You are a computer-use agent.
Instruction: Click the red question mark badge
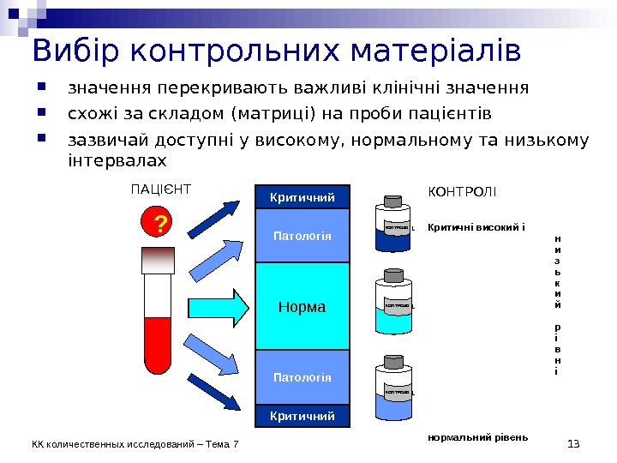tap(158, 225)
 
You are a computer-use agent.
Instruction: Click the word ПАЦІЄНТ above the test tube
tap(160, 189)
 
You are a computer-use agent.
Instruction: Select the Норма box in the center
tap(303, 306)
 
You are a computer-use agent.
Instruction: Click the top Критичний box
tap(303, 198)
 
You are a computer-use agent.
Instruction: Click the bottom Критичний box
tap(303, 416)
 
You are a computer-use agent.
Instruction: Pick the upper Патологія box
tap(303, 236)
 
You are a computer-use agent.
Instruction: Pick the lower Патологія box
tap(303, 377)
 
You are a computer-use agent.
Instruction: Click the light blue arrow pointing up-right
tap(213, 258)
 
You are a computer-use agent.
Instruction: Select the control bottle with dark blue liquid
tap(393, 225)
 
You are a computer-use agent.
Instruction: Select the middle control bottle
tap(393, 304)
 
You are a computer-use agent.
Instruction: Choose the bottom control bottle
tap(393, 390)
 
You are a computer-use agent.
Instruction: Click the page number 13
tap(574, 442)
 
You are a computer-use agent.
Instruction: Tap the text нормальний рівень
tap(477, 437)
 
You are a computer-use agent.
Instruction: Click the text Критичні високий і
tap(476, 228)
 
